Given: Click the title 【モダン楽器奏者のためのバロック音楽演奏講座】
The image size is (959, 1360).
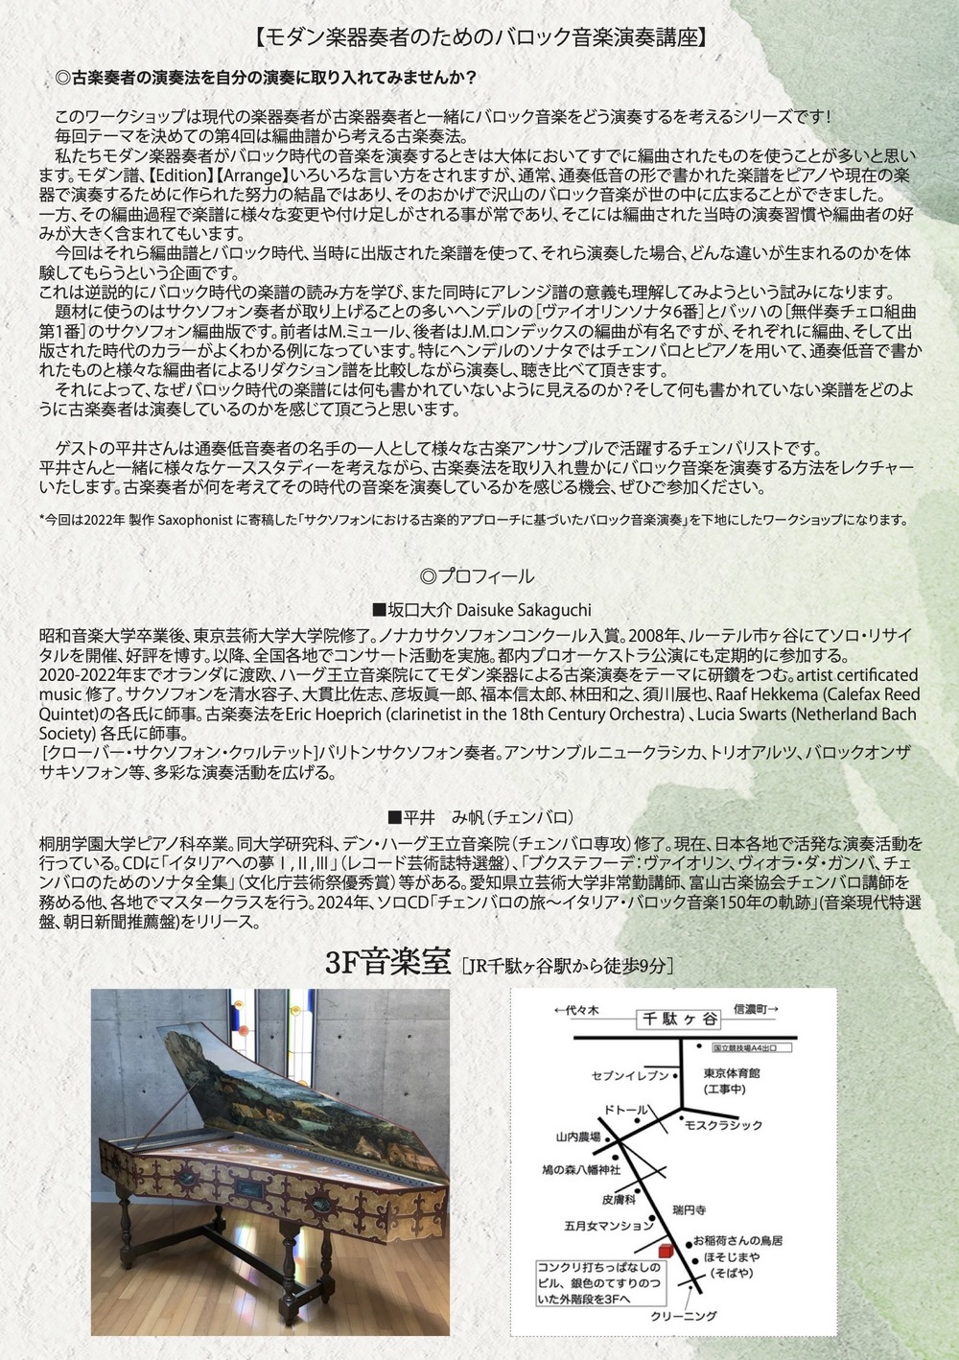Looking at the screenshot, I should (x=480, y=38).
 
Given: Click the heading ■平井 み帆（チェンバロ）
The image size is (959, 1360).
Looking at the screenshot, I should (x=480, y=817).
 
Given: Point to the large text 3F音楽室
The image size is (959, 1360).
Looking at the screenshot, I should (x=387, y=962).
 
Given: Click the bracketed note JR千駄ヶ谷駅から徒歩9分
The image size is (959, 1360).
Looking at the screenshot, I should (x=566, y=965).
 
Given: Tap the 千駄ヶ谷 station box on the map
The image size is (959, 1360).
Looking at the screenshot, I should (x=679, y=1020).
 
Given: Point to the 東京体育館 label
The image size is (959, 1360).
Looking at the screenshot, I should (x=732, y=1072).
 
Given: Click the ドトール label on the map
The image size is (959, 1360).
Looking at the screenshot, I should (x=625, y=1109).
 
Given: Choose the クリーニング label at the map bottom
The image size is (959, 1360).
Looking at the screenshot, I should (x=683, y=1316).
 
